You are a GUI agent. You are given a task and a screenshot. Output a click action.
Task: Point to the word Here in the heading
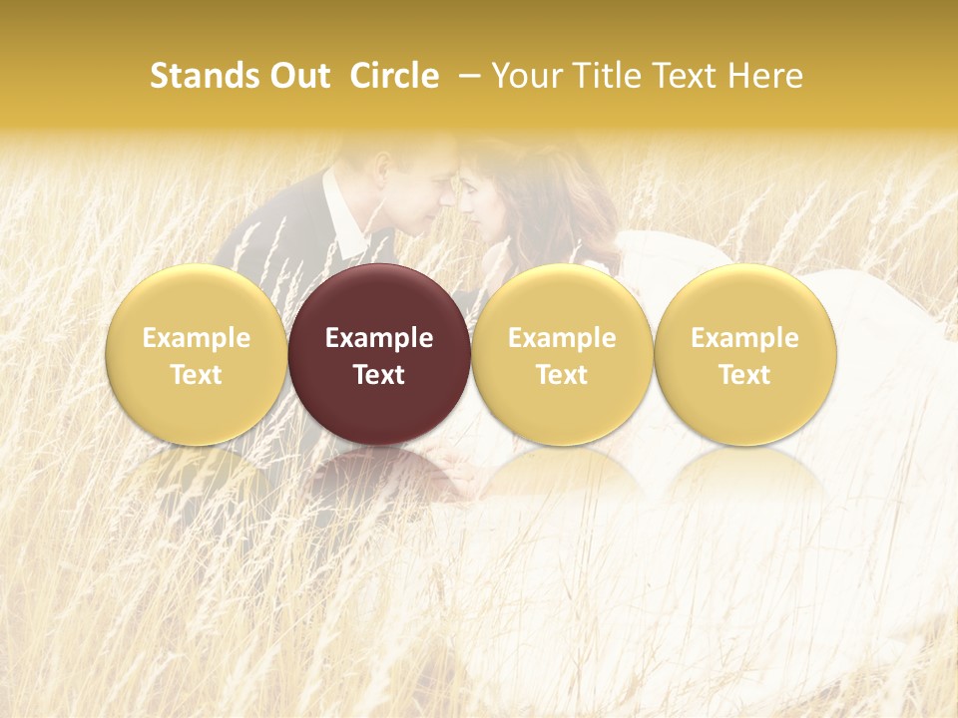765,76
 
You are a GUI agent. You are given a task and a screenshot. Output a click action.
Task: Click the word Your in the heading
524,76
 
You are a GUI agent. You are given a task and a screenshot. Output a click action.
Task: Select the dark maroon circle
379,354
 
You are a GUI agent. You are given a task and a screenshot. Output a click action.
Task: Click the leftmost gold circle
197,354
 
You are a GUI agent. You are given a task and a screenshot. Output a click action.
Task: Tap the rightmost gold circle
744,354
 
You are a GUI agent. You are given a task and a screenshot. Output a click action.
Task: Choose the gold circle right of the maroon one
562,354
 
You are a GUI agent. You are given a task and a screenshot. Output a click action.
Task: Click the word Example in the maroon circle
379,338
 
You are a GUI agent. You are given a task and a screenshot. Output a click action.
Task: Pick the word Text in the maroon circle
379,375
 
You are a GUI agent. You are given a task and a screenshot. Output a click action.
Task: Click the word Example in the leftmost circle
197,338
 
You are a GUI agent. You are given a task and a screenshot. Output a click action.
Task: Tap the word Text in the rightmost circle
744,375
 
